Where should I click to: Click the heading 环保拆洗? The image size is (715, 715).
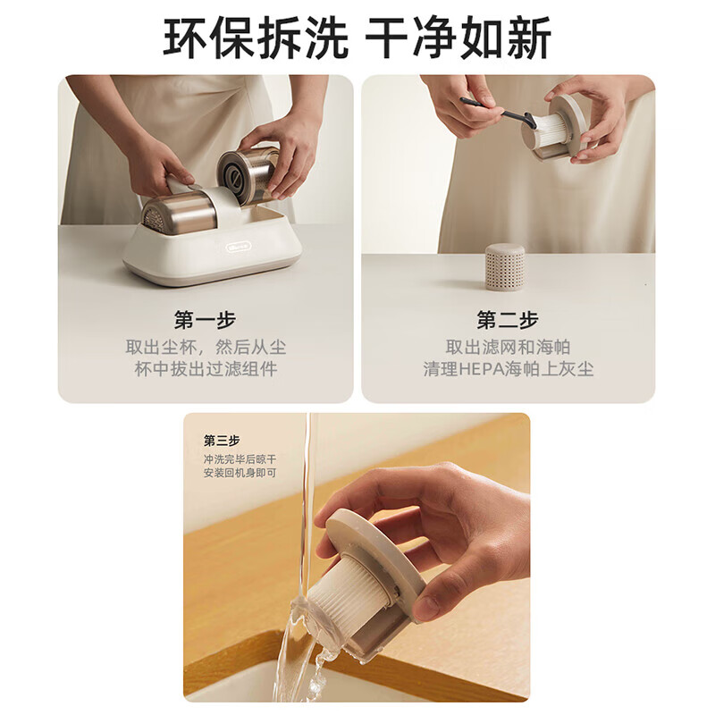click(256, 38)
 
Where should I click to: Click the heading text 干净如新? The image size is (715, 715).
click(458, 38)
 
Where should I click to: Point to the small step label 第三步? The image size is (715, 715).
click(222, 441)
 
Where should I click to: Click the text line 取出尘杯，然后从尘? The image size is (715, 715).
click(206, 347)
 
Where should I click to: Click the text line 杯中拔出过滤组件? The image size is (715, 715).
click(206, 368)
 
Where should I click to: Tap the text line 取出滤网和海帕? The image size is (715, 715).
click(508, 347)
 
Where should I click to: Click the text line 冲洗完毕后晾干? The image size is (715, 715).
click(240, 458)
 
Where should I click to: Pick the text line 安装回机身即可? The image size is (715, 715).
click(240, 472)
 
